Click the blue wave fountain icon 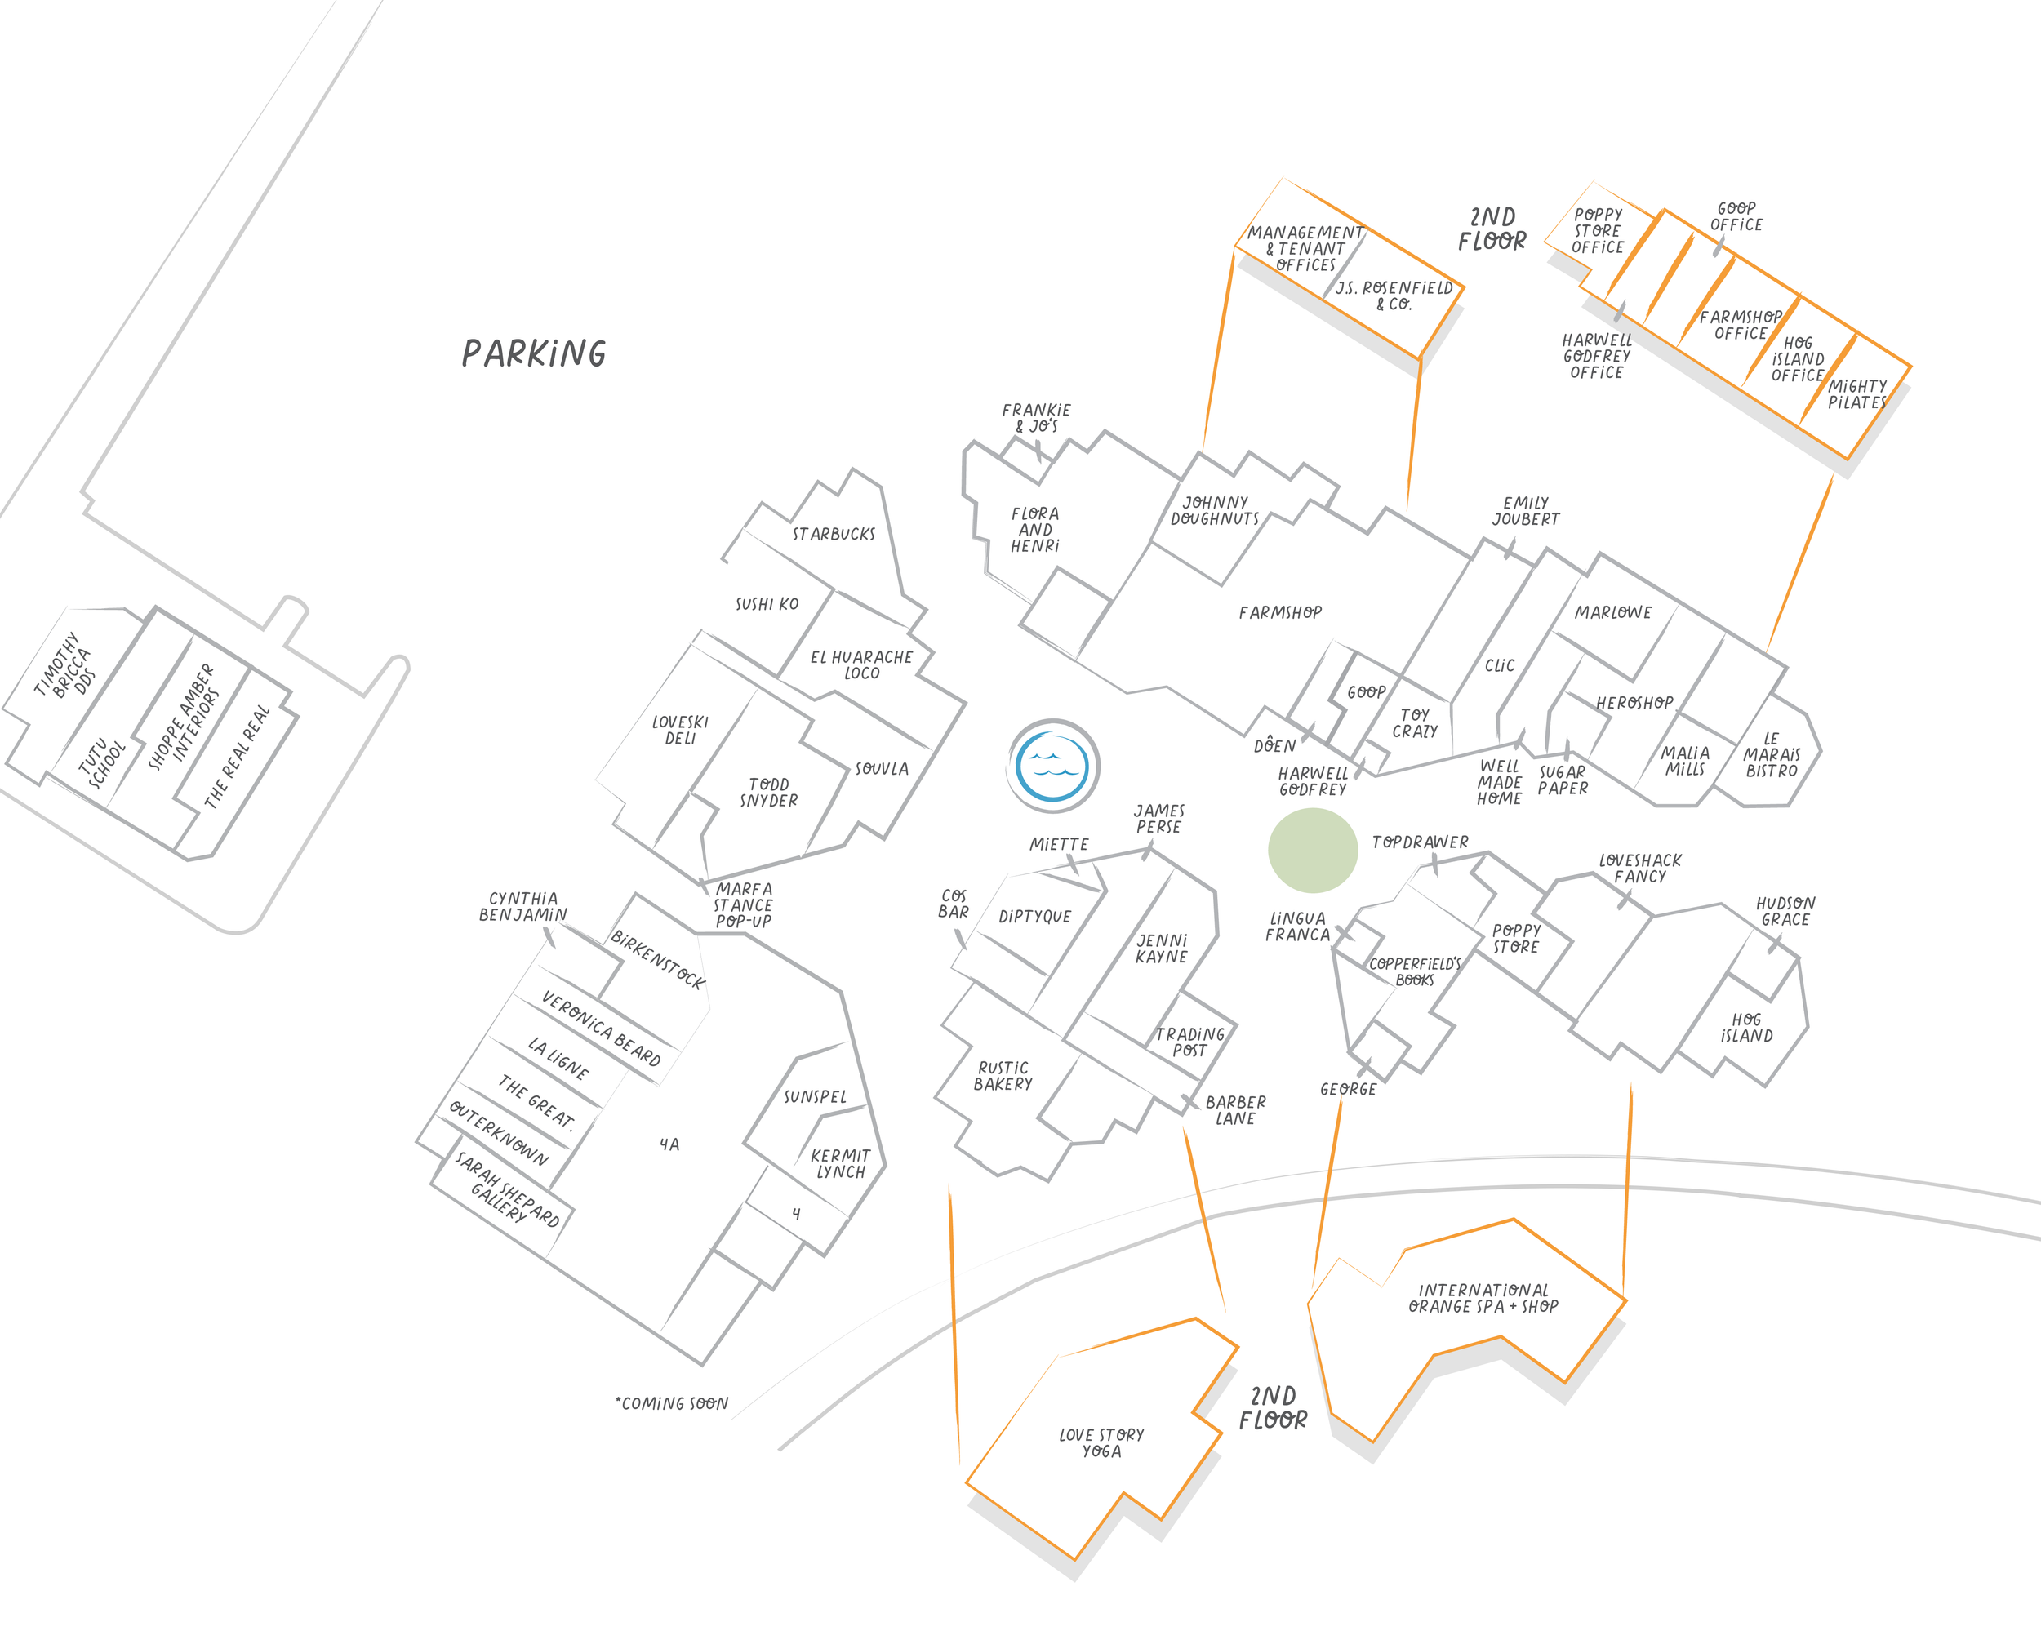point(1052,765)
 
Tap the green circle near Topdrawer point(1312,850)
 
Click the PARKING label point(534,354)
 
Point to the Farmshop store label point(1280,612)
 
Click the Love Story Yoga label point(1101,1442)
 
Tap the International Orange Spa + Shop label point(1483,1298)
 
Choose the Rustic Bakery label point(1003,1075)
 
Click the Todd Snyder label point(769,793)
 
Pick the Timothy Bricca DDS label point(64,664)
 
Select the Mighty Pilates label point(1856,393)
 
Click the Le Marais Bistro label point(1772,754)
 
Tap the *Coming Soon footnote point(672,1403)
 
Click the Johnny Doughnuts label point(1215,510)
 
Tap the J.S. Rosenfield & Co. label point(1394,296)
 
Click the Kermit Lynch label point(840,1163)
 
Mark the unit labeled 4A point(669,1144)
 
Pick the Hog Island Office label point(1797,358)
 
